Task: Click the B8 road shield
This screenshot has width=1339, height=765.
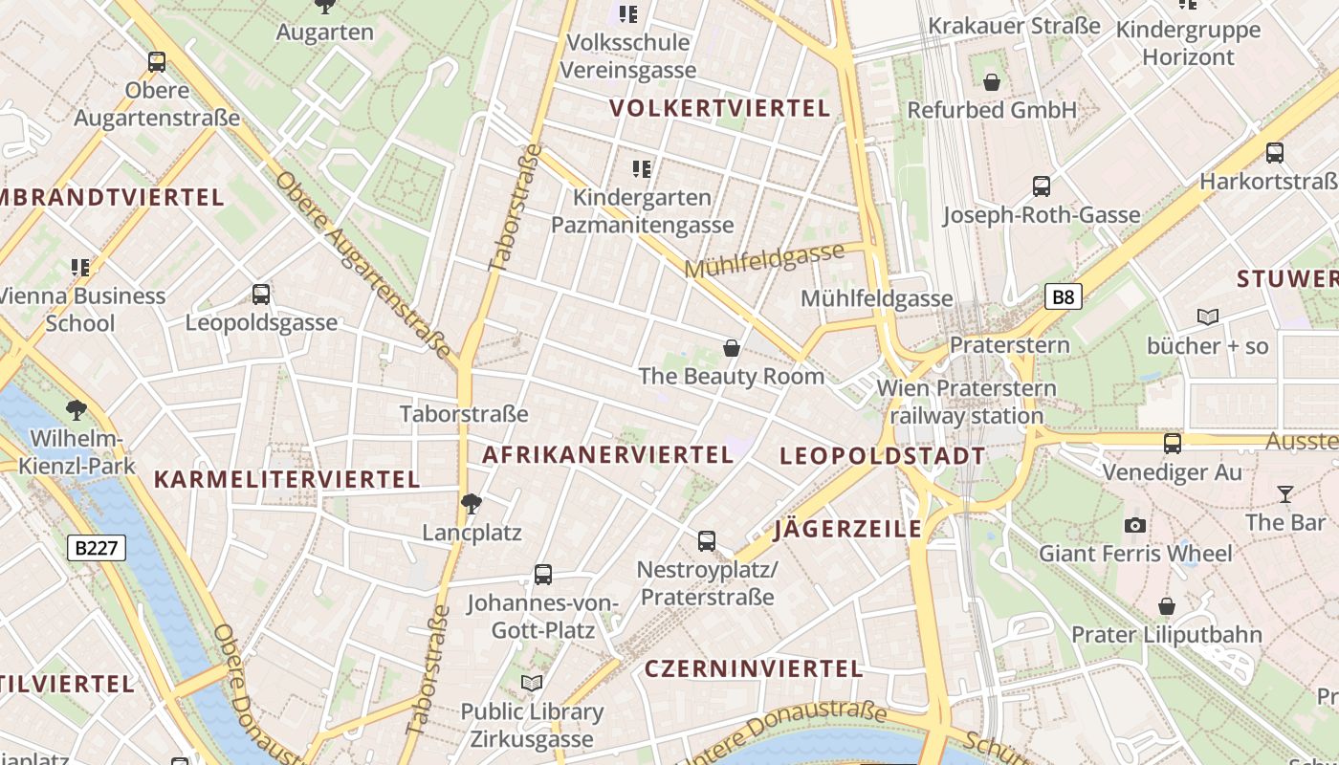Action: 1063,297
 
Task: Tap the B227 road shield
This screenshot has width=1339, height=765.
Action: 97,548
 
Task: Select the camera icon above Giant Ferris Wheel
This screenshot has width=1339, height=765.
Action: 1135,525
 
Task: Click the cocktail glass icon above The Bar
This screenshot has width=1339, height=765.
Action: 1284,494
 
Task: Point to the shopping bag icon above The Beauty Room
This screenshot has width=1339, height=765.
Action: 732,348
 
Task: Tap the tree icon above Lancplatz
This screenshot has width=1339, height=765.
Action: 471,503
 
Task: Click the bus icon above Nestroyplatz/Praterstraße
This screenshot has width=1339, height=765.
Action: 707,541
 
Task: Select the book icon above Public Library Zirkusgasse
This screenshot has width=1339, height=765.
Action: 532,684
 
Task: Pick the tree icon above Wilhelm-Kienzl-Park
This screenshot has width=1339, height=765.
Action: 77,411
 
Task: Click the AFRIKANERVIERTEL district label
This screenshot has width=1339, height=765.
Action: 607,455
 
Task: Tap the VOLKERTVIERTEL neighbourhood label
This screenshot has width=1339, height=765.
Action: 720,108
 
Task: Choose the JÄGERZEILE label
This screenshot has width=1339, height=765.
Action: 848,529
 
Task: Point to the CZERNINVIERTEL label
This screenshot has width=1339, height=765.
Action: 754,668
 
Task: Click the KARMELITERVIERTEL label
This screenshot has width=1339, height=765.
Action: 287,480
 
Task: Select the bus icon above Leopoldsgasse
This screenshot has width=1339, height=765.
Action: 261,295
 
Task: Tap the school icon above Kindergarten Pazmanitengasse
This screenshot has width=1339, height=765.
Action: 642,169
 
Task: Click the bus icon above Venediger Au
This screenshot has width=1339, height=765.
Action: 1173,444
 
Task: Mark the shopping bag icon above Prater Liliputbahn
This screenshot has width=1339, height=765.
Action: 1166,606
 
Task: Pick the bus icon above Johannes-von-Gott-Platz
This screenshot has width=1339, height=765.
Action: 543,575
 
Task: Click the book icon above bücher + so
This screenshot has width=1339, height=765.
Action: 1208,317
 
